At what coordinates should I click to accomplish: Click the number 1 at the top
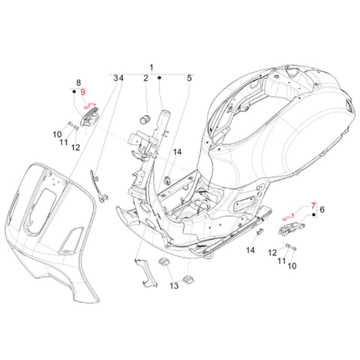point(151,67)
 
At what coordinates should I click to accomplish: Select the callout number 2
point(145,78)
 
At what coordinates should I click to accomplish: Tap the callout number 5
point(189,78)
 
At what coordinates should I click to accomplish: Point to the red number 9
point(83,92)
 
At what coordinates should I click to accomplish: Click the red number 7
point(312,205)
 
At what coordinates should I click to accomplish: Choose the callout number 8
point(77,82)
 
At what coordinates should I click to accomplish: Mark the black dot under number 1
point(160,78)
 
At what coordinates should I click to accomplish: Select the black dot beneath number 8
point(74,92)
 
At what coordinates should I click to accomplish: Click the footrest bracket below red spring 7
point(289,227)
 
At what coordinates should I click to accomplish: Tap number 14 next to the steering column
point(177,152)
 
